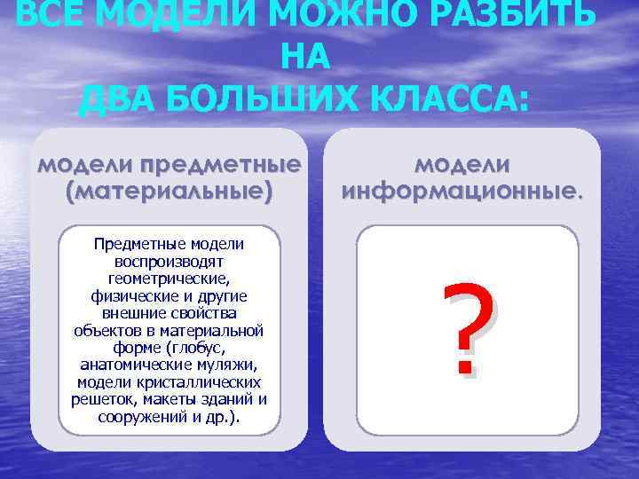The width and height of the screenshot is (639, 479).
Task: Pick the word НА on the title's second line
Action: [x=305, y=58]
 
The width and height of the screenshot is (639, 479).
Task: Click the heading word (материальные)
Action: [x=169, y=190]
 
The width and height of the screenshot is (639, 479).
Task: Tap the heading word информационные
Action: [x=462, y=190]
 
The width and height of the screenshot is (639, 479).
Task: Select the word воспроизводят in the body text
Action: [x=169, y=262]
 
